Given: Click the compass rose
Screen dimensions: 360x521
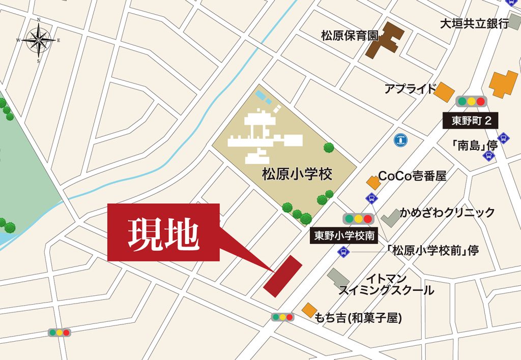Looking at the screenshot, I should coord(39,40).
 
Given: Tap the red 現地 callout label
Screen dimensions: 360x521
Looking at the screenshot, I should coord(163,233).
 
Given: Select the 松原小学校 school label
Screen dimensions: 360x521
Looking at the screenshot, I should coord(297,175).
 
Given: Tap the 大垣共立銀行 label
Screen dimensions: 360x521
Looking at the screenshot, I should coord(474,23).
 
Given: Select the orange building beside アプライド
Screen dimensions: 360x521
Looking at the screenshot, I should coord(444,92).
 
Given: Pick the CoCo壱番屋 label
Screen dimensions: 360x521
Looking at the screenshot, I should coord(412,176).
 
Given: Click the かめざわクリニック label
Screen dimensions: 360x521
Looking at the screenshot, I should coord(447,212).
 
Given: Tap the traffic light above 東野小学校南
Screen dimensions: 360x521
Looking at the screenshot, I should coord(358,219).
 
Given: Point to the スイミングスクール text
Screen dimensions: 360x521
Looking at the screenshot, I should coord(386,290).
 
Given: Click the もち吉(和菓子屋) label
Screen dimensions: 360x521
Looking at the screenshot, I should coord(358,318).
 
